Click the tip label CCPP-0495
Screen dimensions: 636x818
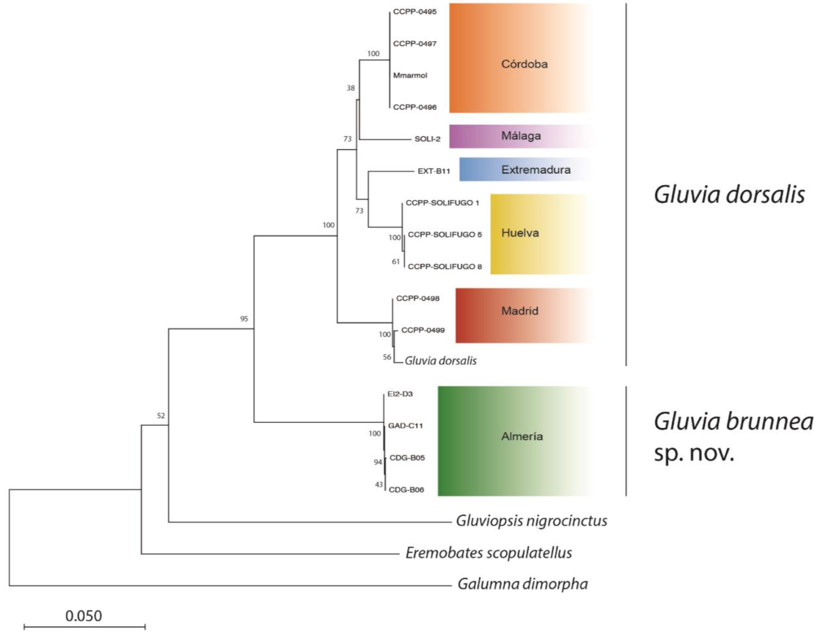coord(415,12)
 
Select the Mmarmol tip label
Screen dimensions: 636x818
coord(410,75)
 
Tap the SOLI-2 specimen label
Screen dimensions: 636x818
coord(427,139)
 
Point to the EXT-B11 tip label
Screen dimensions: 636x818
coord(433,171)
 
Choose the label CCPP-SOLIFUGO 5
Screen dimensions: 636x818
coord(445,234)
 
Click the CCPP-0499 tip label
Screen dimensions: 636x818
coord(423,330)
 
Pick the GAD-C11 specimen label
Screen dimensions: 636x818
coord(405,426)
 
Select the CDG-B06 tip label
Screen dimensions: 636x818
coord(406,490)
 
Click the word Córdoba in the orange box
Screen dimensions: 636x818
coord(524,64)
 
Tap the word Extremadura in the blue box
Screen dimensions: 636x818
coord(536,170)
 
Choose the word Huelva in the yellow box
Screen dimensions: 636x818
coord(520,233)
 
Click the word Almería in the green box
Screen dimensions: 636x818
coord(522,436)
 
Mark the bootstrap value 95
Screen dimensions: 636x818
coord(244,319)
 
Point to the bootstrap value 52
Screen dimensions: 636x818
coord(161,416)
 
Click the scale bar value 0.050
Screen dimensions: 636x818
coord(84,616)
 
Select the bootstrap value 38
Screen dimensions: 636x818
coord(350,88)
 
